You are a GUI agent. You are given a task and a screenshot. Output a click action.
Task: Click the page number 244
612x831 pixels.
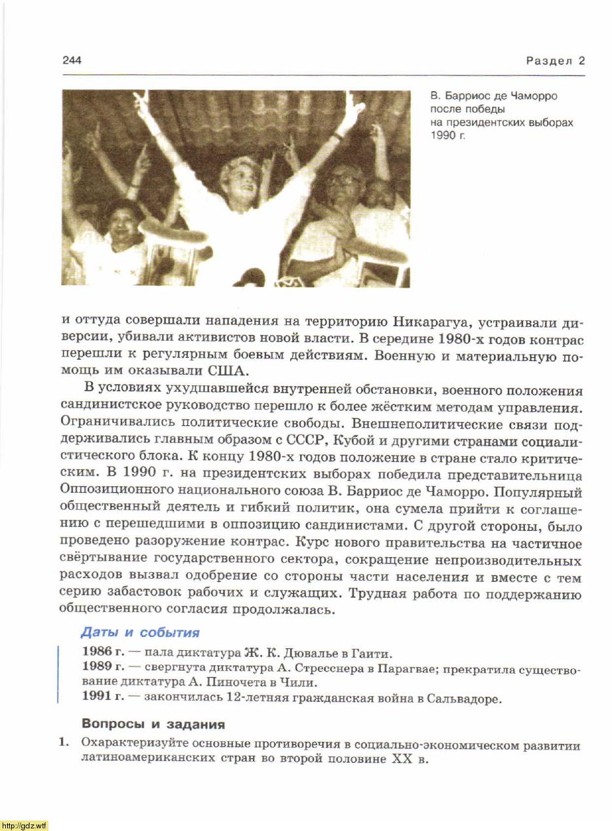pos(72,61)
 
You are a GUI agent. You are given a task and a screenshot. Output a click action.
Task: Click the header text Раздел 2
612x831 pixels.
pos(555,61)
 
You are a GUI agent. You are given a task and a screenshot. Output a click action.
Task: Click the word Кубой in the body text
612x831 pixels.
pos(360,442)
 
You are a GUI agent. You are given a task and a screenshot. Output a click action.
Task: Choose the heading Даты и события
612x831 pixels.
pos(140,633)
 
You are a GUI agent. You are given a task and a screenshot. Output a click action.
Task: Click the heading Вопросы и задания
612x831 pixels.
pos(153,725)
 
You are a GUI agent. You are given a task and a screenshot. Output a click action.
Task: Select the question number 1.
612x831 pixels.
pos(64,745)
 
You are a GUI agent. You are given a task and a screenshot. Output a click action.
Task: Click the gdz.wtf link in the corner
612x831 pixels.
pos(24,825)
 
